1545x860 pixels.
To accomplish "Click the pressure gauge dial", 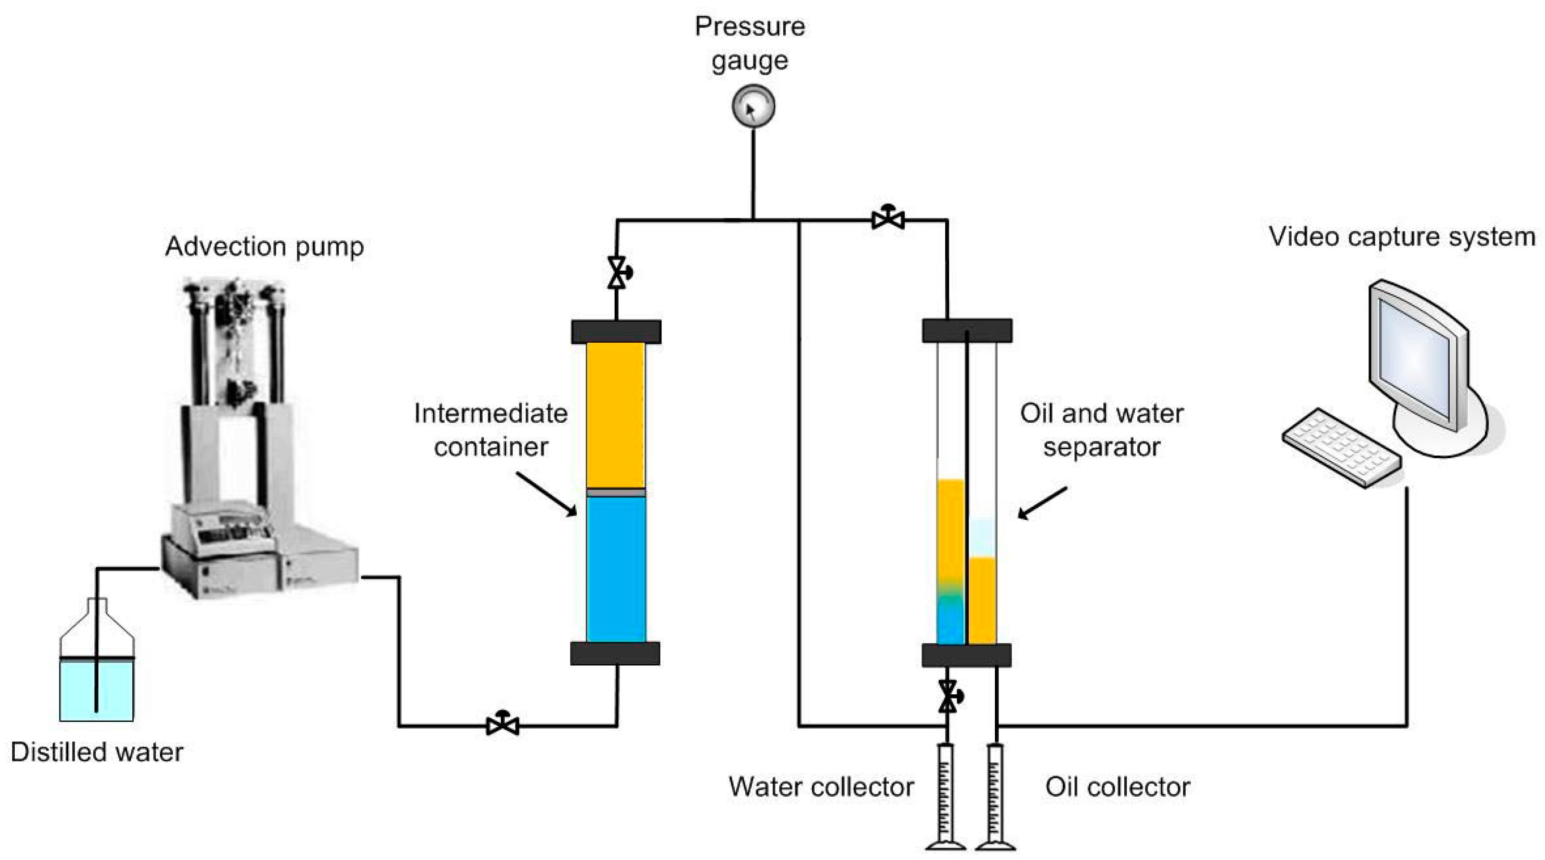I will coord(753,107).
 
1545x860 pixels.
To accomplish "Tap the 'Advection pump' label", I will coord(264,247).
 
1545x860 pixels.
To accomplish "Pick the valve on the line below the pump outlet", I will coord(502,726).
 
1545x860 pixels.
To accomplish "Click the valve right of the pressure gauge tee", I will coord(888,220).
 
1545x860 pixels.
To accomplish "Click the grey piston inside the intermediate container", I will coord(616,492).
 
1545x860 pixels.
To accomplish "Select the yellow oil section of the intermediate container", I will coord(616,414).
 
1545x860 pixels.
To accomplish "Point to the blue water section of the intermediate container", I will coord(616,570).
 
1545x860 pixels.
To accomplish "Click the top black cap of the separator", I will coord(967,331).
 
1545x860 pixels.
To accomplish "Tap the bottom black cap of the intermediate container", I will coord(615,653).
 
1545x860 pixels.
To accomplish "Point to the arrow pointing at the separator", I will coord(1043,503).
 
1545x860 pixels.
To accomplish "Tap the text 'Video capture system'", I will coord(1402,237).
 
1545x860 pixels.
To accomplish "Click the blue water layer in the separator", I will coord(951,627).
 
